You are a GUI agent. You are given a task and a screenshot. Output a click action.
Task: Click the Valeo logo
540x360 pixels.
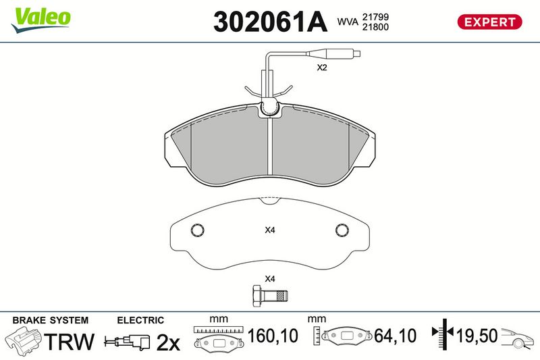(40, 20)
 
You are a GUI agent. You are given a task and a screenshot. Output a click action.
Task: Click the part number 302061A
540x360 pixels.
(270, 22)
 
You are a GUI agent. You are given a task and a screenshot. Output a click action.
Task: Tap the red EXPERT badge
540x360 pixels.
(489, 22)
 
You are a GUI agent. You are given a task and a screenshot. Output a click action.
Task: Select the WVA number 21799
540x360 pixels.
(375, 17)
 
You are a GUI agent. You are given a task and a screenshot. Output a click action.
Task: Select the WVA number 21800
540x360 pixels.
(375, 27)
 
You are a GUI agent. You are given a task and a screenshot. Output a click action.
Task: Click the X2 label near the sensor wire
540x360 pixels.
(322, 68)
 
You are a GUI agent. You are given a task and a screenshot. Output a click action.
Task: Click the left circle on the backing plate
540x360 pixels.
(197, 230)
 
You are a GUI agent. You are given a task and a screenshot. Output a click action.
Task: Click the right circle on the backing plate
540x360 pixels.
(342, 230)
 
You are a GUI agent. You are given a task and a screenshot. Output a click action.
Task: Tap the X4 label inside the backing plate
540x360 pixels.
(269, 230)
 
